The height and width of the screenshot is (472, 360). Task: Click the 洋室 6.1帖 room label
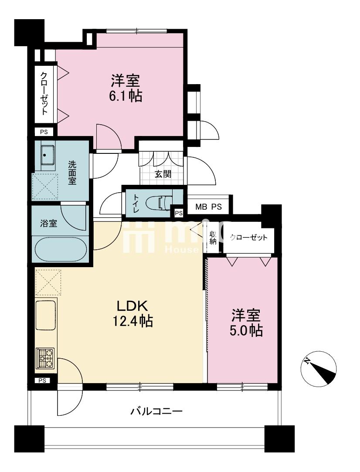pyautogui.click(x=125, y=88)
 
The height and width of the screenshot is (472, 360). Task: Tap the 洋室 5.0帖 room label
pyautogui.click(x=246, y=323)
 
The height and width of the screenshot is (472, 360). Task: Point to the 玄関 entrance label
pyautogui.click(x=163, y=174)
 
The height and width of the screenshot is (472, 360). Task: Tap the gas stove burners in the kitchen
pyautogui.click(x=45, y=359)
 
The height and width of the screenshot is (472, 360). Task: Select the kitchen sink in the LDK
pyautogui.click(x=46, y=315)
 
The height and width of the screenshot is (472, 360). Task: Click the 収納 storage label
pyautogui.click(x=213, y=238)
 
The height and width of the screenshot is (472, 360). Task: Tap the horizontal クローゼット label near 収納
pyautogui.click(x=248, y=238)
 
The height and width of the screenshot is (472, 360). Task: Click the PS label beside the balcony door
pyautogui.click(x=42, y=380)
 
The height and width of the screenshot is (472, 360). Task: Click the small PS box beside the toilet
pyautogui.click(x=178, y=213)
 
